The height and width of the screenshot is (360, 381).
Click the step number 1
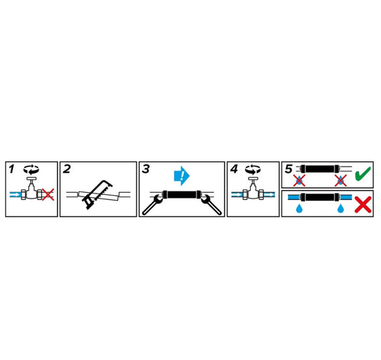[11, 169]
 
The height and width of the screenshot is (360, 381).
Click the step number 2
[66, 169]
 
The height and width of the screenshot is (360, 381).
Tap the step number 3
[146, 169]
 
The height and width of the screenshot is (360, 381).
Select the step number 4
[234, 169]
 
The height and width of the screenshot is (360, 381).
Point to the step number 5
[289, 169]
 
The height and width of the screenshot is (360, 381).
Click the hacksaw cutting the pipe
[97, 195]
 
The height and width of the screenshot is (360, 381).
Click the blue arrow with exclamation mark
[182, 176]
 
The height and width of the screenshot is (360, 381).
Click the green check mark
[363, 174]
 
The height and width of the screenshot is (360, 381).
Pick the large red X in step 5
[363, 204]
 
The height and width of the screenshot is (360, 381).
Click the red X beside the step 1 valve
[48, 194]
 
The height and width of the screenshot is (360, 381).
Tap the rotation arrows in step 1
[31, 169]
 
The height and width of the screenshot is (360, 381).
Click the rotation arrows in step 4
[253, 169]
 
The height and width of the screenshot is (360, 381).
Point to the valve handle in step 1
[31, 179]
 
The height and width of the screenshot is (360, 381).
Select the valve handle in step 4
[253, 179]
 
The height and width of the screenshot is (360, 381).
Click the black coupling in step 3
[182, 195]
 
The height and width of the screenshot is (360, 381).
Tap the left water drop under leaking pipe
[300, 208]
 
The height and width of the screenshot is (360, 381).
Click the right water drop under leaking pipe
[341, 208]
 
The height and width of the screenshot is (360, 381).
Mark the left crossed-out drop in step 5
[299, 181]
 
